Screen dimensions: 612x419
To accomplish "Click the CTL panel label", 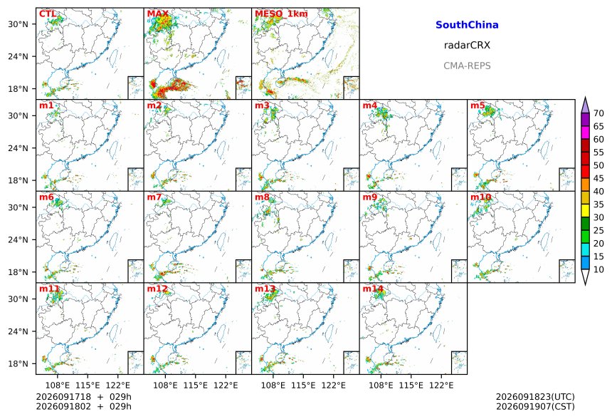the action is [x=48, y=14].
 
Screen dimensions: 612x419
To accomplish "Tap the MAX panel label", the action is [x=158, y=14].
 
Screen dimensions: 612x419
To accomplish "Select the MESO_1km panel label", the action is [x=281, y=14].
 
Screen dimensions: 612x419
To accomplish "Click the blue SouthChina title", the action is [x=467, y=25].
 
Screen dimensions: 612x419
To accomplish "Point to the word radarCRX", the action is [x=467, y=45].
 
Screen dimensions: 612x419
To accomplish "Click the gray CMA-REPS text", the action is [x=467, y=66].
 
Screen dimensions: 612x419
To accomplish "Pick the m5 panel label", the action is [x=478, y=105].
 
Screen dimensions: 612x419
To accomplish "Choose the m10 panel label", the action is [x=480, y=197].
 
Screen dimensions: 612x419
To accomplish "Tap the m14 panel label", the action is [x=373, y=289].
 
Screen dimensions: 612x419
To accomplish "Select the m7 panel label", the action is [x=154, y=197].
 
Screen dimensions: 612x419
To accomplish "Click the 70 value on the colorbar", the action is [x=598, y=113].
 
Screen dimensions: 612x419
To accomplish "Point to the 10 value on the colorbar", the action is [x=598, y=269].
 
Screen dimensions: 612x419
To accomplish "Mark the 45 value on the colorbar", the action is [x=598, y=178].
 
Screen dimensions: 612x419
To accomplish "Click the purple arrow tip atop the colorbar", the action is [x=585, y=98].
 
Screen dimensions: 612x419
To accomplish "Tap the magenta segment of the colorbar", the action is [x=585, y=133].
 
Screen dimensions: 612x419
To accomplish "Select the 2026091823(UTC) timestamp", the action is [x=535, y=397].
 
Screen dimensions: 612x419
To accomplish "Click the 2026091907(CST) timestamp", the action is [x=535, y=406].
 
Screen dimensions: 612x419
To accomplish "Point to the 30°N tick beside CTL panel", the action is [x=19, y=24].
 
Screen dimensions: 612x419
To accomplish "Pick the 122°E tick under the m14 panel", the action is [x=441, y=386].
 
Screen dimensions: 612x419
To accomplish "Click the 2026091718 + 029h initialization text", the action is [x=83, y=397].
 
